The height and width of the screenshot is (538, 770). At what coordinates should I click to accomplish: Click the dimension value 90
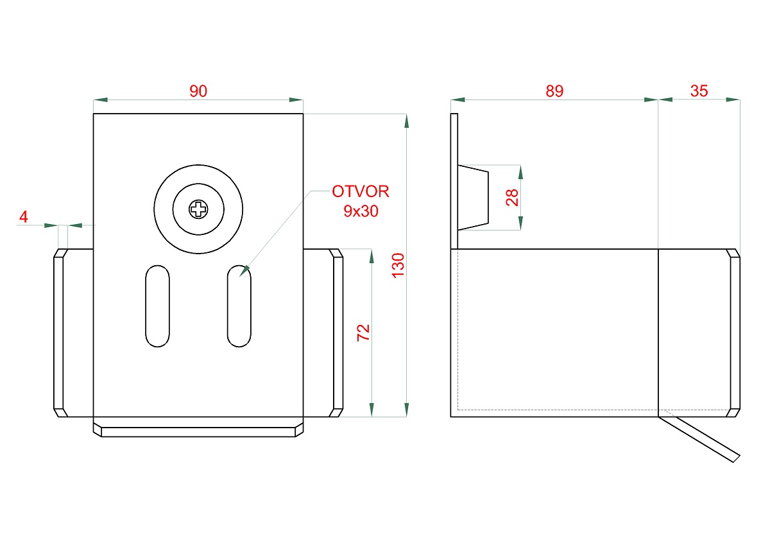point(198,91)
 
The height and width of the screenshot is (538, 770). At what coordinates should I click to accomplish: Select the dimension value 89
point(554,91)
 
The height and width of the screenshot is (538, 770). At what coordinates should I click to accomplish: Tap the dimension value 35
point(699,91)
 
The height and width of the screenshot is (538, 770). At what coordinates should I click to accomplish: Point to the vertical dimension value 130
point(398,265)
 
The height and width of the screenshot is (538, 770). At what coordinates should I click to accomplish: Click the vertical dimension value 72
point(363,333)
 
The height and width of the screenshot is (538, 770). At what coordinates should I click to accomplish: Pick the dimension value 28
point(511,197)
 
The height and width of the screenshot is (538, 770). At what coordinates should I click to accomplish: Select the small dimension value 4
point(24,217)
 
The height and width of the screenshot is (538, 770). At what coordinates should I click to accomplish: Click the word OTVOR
point(360,191)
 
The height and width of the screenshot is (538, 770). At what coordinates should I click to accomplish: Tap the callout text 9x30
point(360,211)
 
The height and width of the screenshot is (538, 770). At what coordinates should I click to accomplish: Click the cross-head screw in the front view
point(198,209)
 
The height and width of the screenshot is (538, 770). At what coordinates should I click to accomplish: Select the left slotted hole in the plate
point(158,306)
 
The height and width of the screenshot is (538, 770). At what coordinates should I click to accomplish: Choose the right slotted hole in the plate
point(239,306)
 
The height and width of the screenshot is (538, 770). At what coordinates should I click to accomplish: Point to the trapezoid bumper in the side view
point(473,197)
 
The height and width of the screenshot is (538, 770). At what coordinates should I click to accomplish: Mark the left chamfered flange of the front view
point(59,333)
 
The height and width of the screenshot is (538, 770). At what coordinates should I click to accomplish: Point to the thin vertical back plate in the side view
point(454,180)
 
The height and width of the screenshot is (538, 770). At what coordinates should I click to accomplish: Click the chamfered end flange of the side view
point(733,333)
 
